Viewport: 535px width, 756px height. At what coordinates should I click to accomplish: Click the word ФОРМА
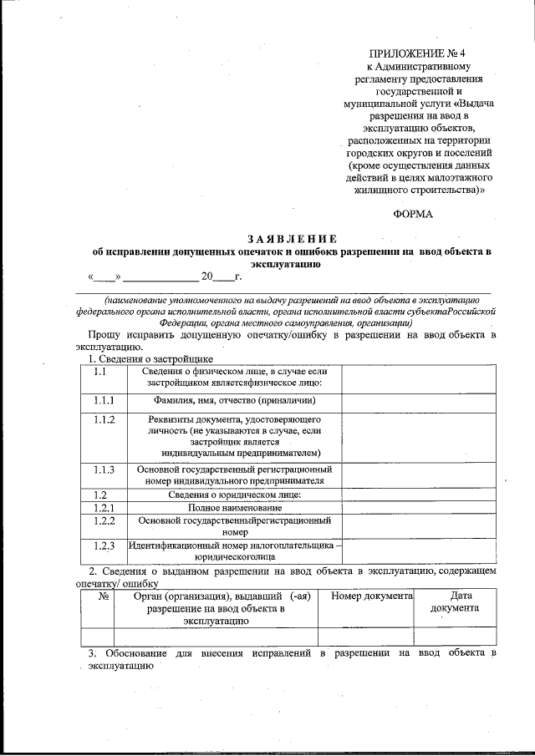[413, 215]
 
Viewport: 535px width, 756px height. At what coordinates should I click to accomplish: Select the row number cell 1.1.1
[104, 401]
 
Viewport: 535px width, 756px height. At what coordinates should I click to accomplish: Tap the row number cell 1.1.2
[104, 419]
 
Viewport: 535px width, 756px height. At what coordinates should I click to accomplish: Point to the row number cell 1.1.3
[104, 469]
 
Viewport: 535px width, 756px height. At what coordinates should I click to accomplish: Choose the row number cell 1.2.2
[104, 520]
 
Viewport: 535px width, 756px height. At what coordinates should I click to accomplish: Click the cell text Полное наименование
[234, 507]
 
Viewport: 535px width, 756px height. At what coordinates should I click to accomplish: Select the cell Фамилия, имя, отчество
[234, 401]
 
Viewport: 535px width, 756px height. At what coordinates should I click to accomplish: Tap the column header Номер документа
[372, 596]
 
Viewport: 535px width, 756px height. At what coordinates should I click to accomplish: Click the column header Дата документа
[455, 602]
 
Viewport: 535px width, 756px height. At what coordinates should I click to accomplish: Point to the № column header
[104, 596]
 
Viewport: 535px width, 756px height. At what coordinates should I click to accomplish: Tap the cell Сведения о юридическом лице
[234, 495]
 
